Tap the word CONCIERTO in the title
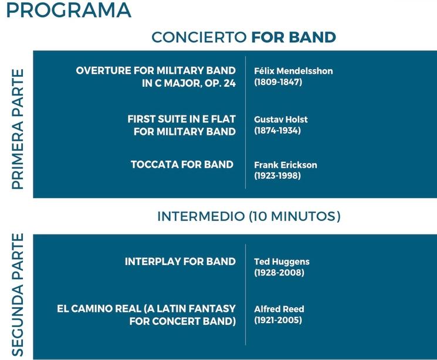click(199, 38)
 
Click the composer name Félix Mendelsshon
click(293, 71)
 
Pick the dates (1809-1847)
click(278, 83)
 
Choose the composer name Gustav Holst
click(280, 120)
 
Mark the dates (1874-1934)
click(277, 131)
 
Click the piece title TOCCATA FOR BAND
click(182, 164)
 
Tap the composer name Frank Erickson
click(285, 165)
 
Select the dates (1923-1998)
click(277, 176)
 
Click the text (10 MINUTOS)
click(295, 216)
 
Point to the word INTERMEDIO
click(201, 216)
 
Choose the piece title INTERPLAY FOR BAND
click(180, 261)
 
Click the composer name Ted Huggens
click(282, 261)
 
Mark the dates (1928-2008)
click(279, 273)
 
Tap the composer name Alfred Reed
click(279, 309)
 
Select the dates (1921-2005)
click(278, 320)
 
